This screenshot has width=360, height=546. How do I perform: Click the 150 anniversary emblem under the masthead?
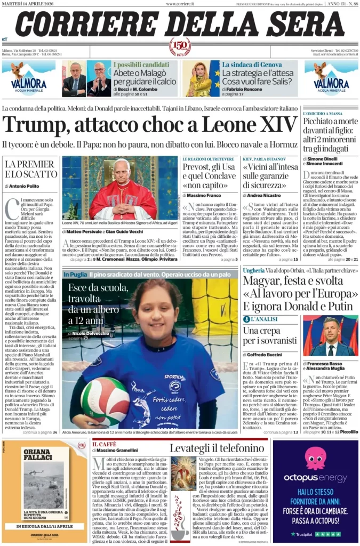click(x=180, y=47)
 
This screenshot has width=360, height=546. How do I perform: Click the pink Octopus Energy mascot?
click(x=315, y=457)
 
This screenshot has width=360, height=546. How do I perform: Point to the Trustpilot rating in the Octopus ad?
click(x=315, y=533)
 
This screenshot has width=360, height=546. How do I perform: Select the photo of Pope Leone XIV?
click(x=120, y=188)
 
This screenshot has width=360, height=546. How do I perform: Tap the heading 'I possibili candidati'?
click(x=145, y=64)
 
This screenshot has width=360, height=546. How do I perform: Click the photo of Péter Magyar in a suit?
click(x=330, y=335)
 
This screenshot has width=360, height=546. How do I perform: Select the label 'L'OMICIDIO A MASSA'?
click(x=322, y=114)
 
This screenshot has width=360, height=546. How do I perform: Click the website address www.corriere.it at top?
click(x=180, y=4)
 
